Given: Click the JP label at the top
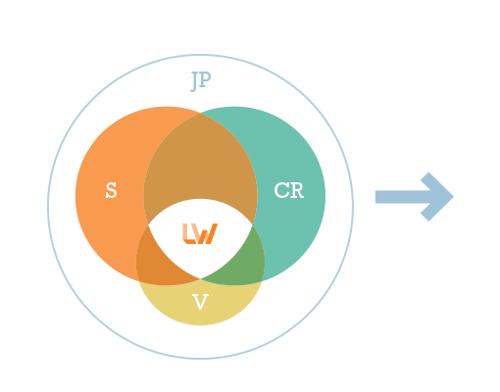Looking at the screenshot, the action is (201, 81).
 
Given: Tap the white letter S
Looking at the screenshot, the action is (111, 190).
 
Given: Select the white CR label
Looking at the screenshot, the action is (289, 190).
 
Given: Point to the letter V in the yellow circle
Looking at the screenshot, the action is (200, 302).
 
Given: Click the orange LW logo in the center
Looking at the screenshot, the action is (200, 233).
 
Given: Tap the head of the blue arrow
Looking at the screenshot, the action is (437, 197).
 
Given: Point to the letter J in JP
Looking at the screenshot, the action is (195, 81).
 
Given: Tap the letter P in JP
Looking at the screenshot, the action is (205, 79).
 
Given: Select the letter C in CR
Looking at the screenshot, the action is (281, 190).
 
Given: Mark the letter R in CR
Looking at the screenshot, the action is (297, 190).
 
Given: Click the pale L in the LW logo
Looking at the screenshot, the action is (187, 233).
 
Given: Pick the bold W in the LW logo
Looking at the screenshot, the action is (207, 234).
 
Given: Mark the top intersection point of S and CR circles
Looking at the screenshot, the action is (200, 113).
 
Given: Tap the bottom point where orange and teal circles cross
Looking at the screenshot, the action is (200, 278).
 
